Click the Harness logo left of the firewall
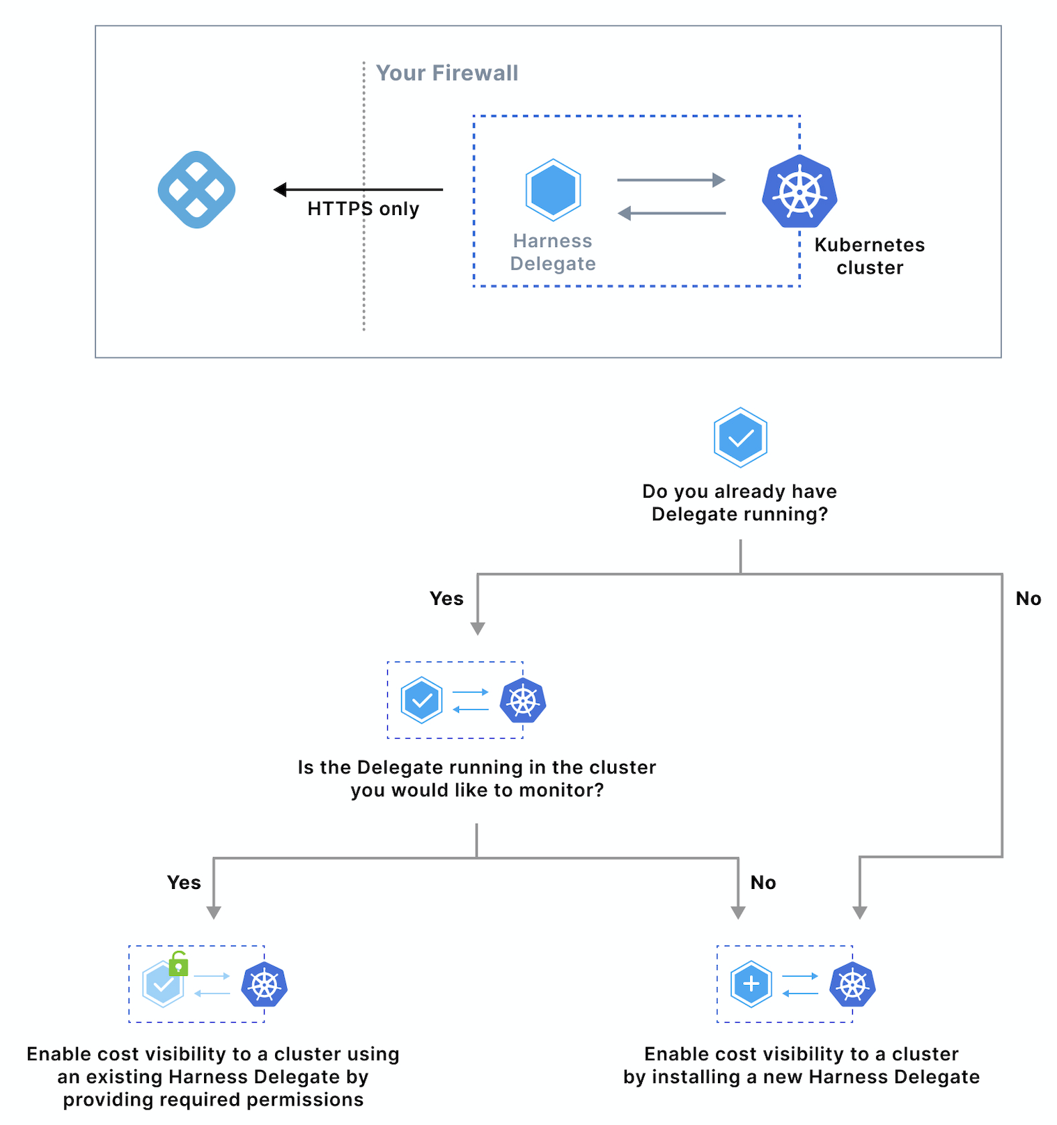pos(196,189)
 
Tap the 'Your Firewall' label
pos(447,73)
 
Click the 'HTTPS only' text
pos(363,209)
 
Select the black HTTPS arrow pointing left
pos(358,189)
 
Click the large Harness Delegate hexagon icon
pos(553,190)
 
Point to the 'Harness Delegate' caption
pos(553,252)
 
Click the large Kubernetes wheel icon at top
pos(799,191)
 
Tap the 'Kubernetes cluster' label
pos(870,256)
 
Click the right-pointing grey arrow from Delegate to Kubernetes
pos(671,180)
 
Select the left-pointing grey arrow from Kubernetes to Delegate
pos(672,213)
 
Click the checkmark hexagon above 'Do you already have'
pos(740,437)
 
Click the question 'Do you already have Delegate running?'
pos(739,503)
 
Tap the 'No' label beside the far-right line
pos(1028,599)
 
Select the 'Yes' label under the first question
pos(446,599)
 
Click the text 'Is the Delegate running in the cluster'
pos(477,767)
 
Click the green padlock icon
pos(178,963)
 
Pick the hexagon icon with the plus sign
pos(751,984)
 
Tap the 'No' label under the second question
pos(763,883)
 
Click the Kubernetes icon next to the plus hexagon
pos(852,984)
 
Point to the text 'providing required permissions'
pos(213,1100)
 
